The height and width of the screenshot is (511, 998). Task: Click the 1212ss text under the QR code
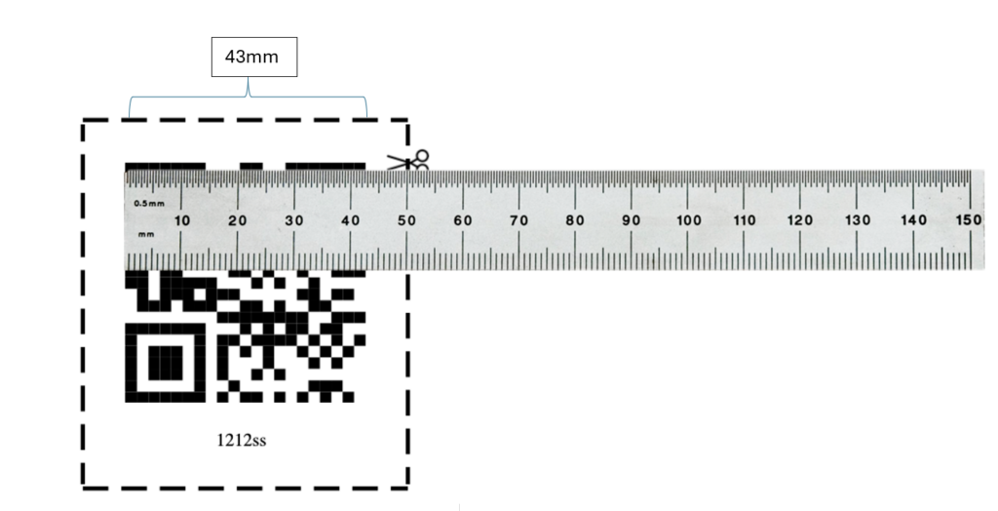(x=241, y=441)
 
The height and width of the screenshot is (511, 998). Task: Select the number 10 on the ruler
(x=182, y=220)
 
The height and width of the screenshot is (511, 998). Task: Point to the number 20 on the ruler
(x=238, y=220)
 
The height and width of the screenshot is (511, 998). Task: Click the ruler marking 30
(x=294, y=220)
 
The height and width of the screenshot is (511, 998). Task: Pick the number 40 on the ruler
(x=351, y=220)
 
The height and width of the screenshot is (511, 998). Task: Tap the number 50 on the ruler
(x=407, y=220)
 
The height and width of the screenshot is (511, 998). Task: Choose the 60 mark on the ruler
(x=464, y=220)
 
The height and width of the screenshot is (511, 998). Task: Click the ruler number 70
(x=519, y=220)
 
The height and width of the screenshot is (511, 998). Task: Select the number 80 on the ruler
(x=576, y=220)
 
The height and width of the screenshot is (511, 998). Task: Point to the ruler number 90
(x=632, y=220)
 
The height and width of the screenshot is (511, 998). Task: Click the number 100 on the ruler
(x=688, y=220)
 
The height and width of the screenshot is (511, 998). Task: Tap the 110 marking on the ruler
(x=745, y=220)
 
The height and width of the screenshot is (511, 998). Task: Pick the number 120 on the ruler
(x=800, y=220)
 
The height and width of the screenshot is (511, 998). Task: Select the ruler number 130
(x=858, y=220)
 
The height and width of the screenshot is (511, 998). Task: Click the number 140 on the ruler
(x=913, y=220)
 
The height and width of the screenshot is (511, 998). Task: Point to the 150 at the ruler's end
(x=968, y=220)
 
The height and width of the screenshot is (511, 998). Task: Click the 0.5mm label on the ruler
(x=149, y=203)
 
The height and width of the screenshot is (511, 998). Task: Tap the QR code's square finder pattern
(x=164, y=360)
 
